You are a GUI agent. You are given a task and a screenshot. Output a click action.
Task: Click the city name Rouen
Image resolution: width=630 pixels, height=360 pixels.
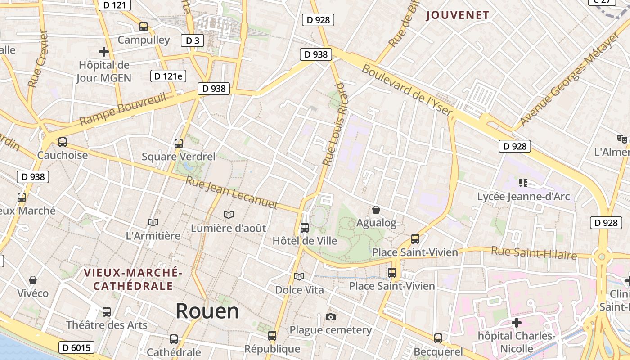pos(207,311)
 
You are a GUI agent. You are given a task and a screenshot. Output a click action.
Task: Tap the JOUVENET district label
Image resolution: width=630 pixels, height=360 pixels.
pos(457,15)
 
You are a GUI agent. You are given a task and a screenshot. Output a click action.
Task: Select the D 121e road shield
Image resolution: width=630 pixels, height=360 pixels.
pos(168,76)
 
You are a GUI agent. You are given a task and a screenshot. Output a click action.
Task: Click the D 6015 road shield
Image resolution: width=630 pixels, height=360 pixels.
pos(77,347)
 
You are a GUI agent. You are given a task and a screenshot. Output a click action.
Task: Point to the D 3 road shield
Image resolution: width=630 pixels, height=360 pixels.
pos(192,40)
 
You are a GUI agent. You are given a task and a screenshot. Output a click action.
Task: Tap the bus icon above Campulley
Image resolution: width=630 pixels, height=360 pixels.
pos(144,27)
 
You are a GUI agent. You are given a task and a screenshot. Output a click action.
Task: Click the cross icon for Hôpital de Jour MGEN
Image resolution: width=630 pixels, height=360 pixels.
pos(104,52)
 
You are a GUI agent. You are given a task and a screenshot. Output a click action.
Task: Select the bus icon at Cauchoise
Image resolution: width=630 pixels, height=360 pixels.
pos(63,142)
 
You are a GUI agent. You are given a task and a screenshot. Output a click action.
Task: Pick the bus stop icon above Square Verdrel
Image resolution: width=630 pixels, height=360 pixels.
pos(179,144)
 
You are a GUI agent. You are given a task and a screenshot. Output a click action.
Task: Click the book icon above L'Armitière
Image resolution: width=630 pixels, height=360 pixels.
pos(153,222)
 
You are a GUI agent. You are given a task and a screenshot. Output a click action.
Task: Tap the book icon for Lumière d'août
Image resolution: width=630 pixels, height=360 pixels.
pos(229,215)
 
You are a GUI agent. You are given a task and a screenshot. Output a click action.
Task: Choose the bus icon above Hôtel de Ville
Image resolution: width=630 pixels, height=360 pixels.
pos(305,228)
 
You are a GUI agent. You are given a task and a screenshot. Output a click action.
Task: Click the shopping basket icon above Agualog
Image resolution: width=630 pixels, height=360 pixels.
pos(376,210)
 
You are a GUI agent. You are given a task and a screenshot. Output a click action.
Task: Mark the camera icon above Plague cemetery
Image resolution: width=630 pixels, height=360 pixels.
pos(331,317)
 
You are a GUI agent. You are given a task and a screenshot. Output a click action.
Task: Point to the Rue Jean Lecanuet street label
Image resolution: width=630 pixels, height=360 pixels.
pos(232,193)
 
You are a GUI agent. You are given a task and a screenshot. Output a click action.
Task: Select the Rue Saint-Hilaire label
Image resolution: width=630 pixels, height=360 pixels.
pos(534,253)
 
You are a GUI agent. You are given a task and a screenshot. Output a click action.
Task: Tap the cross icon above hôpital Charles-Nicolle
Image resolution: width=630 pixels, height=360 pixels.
pos(517,323)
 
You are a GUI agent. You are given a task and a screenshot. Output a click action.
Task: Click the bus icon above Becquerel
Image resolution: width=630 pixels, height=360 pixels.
pos(438,338)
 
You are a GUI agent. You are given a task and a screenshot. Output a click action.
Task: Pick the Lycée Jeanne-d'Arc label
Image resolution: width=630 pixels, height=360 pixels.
pos(523,197)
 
